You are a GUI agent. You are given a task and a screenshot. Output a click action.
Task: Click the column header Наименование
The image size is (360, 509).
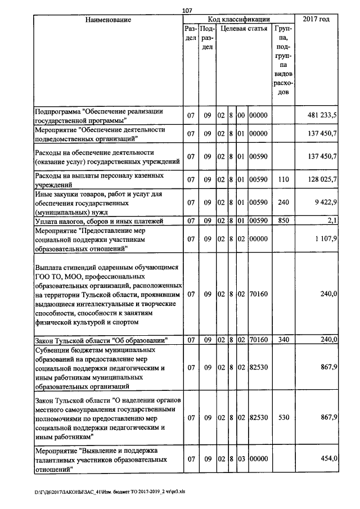tap(108, 20)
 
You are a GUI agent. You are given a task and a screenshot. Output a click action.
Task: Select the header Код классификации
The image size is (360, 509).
tap(238, 20)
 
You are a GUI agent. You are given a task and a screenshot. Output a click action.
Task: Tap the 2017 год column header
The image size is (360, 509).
tap(316, 20)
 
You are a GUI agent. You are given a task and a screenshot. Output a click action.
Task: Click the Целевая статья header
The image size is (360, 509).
tap(244, 28)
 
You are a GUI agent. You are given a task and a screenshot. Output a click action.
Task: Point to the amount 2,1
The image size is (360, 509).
tap(332, 220)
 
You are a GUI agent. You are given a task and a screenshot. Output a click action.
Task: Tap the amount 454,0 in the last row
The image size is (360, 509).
tap(327, 459)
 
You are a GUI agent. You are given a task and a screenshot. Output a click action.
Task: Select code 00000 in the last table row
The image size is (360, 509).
tap(259, 459)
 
